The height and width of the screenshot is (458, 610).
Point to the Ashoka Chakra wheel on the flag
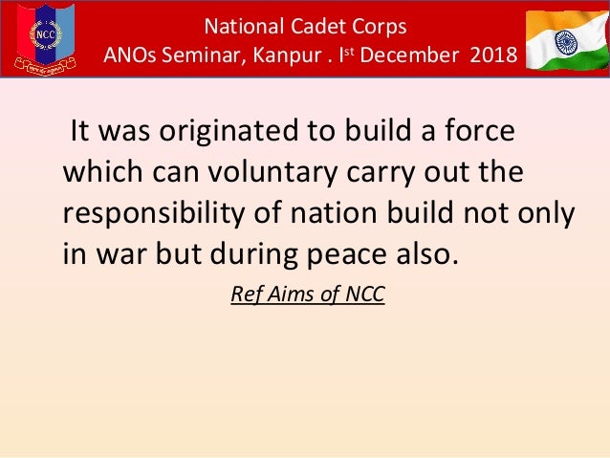(x=572, y=41)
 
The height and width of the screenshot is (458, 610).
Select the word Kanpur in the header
(x=283, y=56)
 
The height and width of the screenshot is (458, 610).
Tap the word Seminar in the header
(x=199, y=56)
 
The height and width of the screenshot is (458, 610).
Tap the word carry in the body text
(x=392, y=175)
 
